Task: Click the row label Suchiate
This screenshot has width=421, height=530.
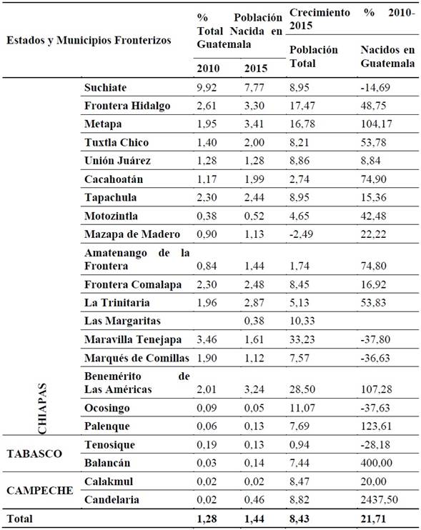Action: coord(105,88)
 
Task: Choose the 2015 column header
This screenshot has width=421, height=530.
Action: coord(256,68)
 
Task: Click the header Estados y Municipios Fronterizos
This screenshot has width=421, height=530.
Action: coord(89,40)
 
